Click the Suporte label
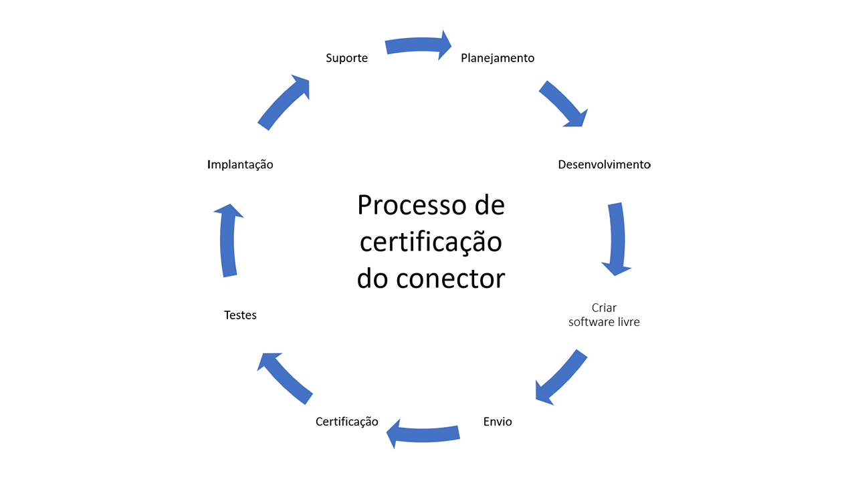pyautogui.click(x=346, y=58)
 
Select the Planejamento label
pyautogui.click(x=498, y=58)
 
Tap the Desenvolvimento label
pyautogui.click(x=604, y=164)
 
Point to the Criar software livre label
pyautogui.click(x=604, y=315)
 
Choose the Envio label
pyautogui.click(x=498, y=422)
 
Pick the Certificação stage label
pyautogui.click(x=346, y=422)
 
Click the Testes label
pyautogui.click(x=240, y=315)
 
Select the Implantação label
pyautogui.click(x=240, y=164)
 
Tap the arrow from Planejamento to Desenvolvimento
pyautogui.click(x=563, y=104)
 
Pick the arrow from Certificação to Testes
pyautogui.click(x=285, y=378)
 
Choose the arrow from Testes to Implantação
pyautogui.click(x=228, y=240)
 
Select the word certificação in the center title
pyautogui.click(x=431, y=242)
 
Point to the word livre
pyautogui.click(x=627, y=322)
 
